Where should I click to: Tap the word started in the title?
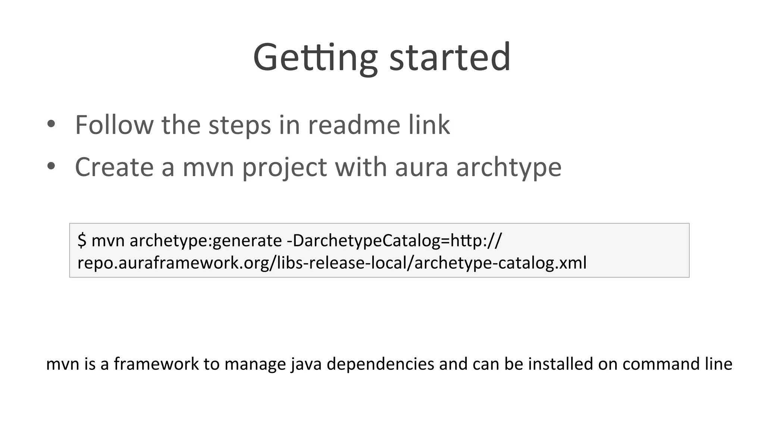click(x=450, y=58)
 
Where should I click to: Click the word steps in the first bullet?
click(x=239, y=125)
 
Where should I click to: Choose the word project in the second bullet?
click(x=284, y=167)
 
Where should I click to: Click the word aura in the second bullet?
click(x=421, y=167)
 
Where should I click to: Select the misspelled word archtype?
click(x=508, y=167)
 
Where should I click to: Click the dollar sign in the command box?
click(x=82, y=240)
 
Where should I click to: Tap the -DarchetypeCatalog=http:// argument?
click(x=394, y=241)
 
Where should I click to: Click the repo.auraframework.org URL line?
click(x=332, y=263)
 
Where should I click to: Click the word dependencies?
click(x=380, y=364)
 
